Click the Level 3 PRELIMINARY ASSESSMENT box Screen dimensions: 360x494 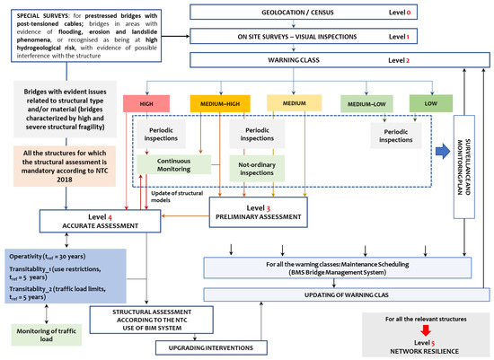(257, 212)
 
